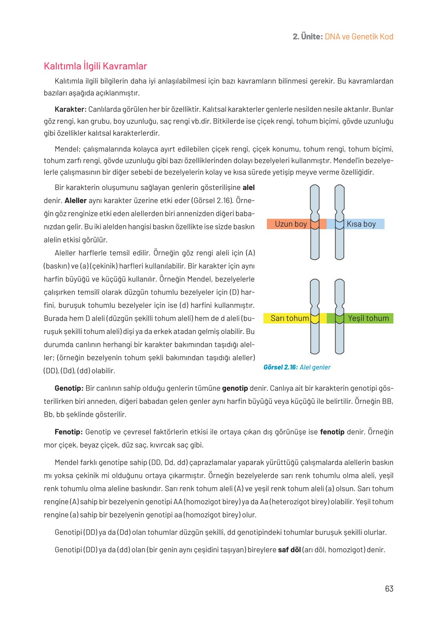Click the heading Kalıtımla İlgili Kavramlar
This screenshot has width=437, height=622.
[95, 66]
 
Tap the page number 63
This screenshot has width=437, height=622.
[389, 588]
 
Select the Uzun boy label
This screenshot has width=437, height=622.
[291, 224]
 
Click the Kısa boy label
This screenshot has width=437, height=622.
[361, 224]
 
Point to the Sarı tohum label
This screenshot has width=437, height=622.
[289, 318]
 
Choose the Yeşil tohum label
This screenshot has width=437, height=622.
[368, 318]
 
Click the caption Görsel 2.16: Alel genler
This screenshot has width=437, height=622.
[297, 367]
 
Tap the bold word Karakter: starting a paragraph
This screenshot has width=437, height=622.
[71, 109]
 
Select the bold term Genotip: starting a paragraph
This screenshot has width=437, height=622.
[69, 388]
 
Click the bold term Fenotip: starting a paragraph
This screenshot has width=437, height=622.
[69, 432]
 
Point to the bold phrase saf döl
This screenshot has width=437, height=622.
[289, 550]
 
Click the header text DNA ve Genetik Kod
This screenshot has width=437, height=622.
[359, 37]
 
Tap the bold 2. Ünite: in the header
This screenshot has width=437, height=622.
[307, 37]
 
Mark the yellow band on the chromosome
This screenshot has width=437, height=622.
[315, 319]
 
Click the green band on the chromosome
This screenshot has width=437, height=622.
[339, 319]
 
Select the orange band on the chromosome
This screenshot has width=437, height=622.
[315, 224]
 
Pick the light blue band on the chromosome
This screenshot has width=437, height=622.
[339, 224]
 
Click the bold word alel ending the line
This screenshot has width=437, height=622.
[248, 188]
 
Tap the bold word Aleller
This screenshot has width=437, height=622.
[76, 201]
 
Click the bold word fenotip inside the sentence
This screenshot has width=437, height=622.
[332, 432]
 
